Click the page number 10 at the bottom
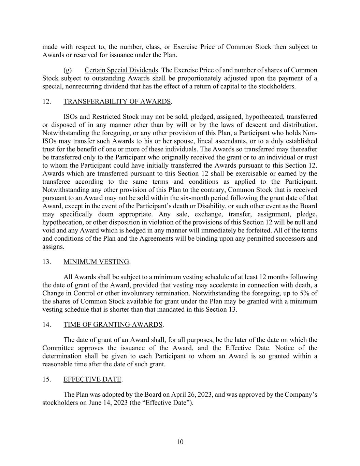tap(180, 442)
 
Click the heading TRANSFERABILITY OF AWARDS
tap(117, 101)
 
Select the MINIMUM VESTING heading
tap(96, 262)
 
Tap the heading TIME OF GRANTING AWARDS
tap(113, 324)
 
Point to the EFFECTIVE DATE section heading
tap(92, 379)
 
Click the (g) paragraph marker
tap(68, 70)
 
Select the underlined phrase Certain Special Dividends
tap(121, 70)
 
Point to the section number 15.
tap(47, 379)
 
